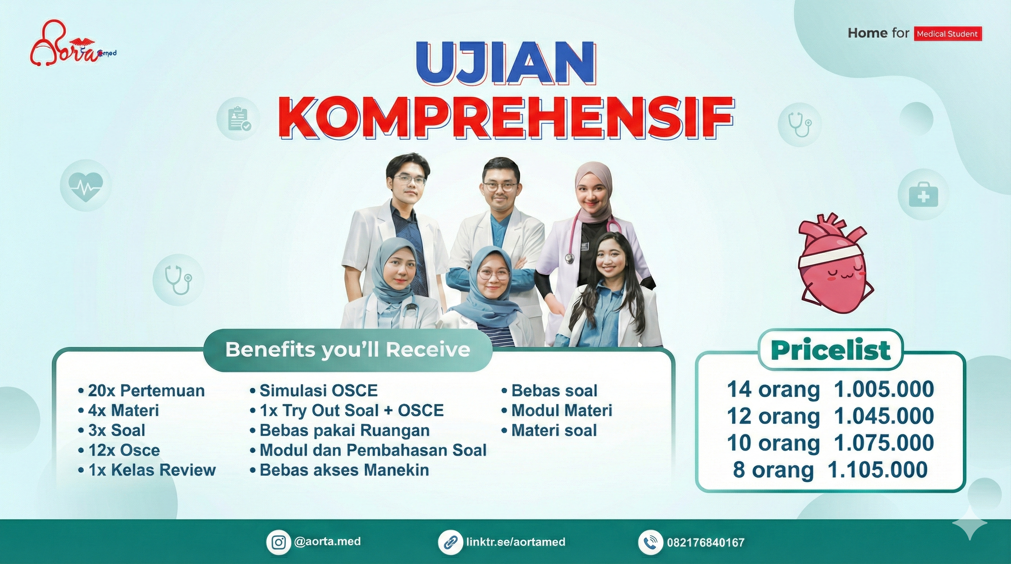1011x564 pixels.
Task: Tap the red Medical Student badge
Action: [947, 34]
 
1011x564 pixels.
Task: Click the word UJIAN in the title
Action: [507, 65]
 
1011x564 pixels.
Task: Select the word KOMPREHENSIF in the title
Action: [507, 117]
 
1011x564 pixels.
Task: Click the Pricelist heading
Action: [831, 350]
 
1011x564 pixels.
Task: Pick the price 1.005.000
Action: [884, 390]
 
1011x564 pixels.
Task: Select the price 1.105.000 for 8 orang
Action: [878, 469]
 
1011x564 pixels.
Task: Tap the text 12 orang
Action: [774, 416]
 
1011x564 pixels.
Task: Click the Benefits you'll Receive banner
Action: [348, 350]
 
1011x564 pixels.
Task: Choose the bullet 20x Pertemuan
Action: [142, 391]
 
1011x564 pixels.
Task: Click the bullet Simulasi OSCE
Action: [314, 391]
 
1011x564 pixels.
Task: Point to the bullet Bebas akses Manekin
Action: [339, 470]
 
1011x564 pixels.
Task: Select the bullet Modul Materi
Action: [557, 411]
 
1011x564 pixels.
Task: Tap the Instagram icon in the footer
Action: [279, 542]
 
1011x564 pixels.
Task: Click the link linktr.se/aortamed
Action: [516, 542]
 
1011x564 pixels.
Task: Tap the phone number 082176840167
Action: [706, 542]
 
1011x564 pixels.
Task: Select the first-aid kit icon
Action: [924, 195]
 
